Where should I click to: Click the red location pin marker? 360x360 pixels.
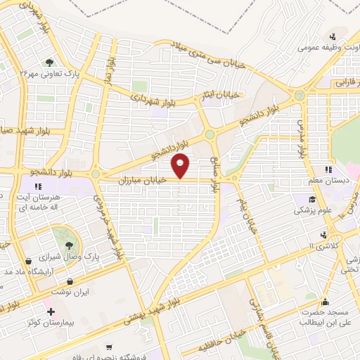[x=181, y=166]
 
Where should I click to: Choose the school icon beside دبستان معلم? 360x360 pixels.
[x=327, y=169]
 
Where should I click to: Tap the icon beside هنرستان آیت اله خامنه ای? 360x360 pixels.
[x=38, y=186]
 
